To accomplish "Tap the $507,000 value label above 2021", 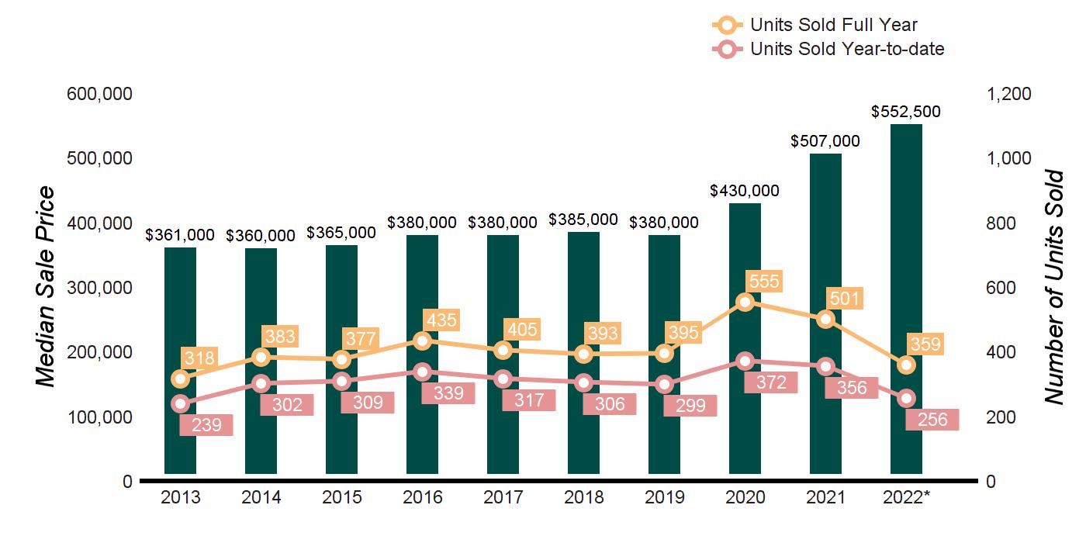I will (825, 141).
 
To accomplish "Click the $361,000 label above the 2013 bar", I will (181, 235).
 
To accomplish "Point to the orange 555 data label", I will (763, 281).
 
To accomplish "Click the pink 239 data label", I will (206, 425).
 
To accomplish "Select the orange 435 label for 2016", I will (441, 320).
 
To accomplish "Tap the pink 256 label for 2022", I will (932, 419).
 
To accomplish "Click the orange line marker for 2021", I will (825, 320).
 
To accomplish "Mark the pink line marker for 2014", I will (261, 383).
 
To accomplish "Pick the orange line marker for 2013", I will (181, 379).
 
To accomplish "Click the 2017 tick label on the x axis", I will (503, 497).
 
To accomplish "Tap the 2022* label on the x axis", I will (906, 497).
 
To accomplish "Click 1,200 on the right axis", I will (1008, 94).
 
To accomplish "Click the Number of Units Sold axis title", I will (1053, 287).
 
